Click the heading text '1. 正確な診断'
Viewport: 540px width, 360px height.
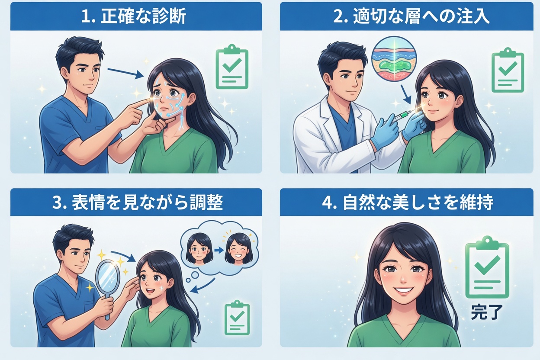(134, 16)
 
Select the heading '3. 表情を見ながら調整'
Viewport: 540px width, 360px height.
(138, 202)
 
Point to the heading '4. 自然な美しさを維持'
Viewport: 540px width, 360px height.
(408, 202)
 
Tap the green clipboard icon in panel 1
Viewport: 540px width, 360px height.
(232, 67)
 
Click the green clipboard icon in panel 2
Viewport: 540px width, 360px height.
(508, 70)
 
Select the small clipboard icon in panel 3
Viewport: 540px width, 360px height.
(237, 318)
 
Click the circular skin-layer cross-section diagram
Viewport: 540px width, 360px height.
(394, 61)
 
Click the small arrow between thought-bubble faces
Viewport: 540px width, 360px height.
(219, 250)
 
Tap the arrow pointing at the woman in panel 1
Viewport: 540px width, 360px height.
(125, 72)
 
